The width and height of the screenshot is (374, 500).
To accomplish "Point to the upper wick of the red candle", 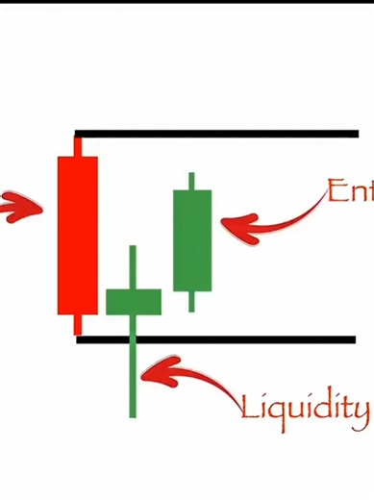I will [78, 146].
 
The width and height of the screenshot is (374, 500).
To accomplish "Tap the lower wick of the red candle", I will [78, 324].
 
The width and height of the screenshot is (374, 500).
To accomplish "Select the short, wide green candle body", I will [133, 301].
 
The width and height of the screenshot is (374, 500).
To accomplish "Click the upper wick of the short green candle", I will [133, 266].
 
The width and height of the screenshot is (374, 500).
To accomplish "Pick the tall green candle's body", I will [192, 240].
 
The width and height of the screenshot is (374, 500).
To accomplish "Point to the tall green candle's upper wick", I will [192, 181].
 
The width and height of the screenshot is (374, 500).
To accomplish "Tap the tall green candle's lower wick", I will [192, 301].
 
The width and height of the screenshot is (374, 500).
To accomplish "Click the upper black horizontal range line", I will [221, 134].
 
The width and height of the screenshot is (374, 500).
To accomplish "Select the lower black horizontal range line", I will [250, 338].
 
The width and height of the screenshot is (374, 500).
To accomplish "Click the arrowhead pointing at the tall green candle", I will [232, 226].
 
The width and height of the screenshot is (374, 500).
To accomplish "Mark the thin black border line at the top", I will [187, 2].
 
